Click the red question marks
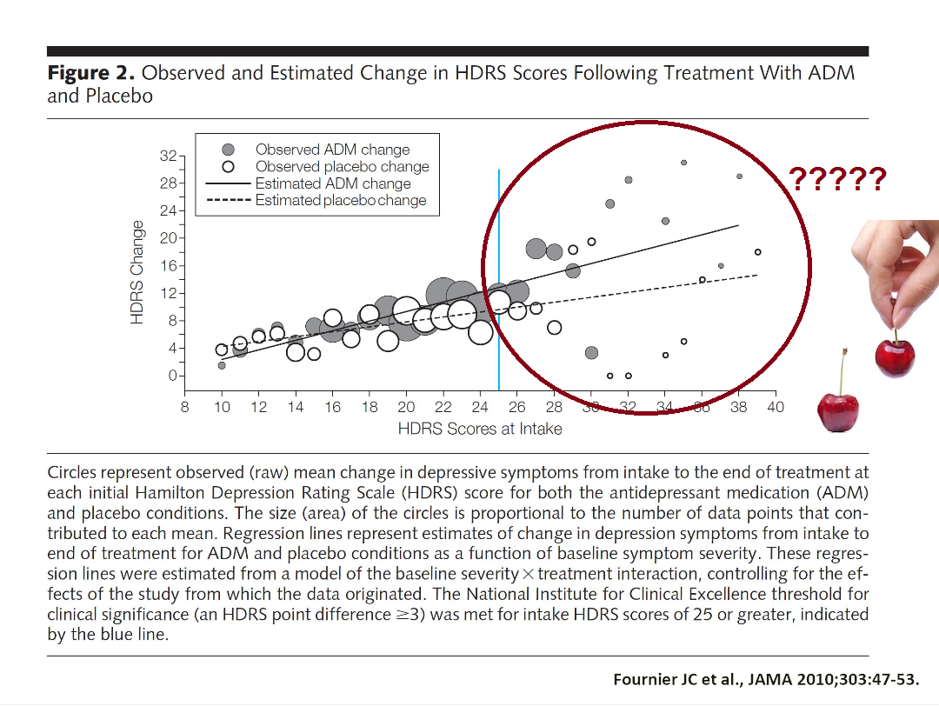(837, 179)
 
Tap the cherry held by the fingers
(895, 358)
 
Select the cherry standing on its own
(838, 411)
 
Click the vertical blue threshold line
(498, 261)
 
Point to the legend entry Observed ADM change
(332, 150)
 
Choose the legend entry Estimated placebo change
(340, 201)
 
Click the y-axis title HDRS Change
(137, 271)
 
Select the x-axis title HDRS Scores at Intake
(480, 429)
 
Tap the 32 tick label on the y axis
(166, 157)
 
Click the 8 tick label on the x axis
(185, 407)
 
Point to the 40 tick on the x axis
(775, 407)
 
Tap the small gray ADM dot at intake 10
(222, 365)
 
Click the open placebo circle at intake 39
(757, 252)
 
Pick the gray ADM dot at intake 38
(739, 176)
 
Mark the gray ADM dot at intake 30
(591, 353)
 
